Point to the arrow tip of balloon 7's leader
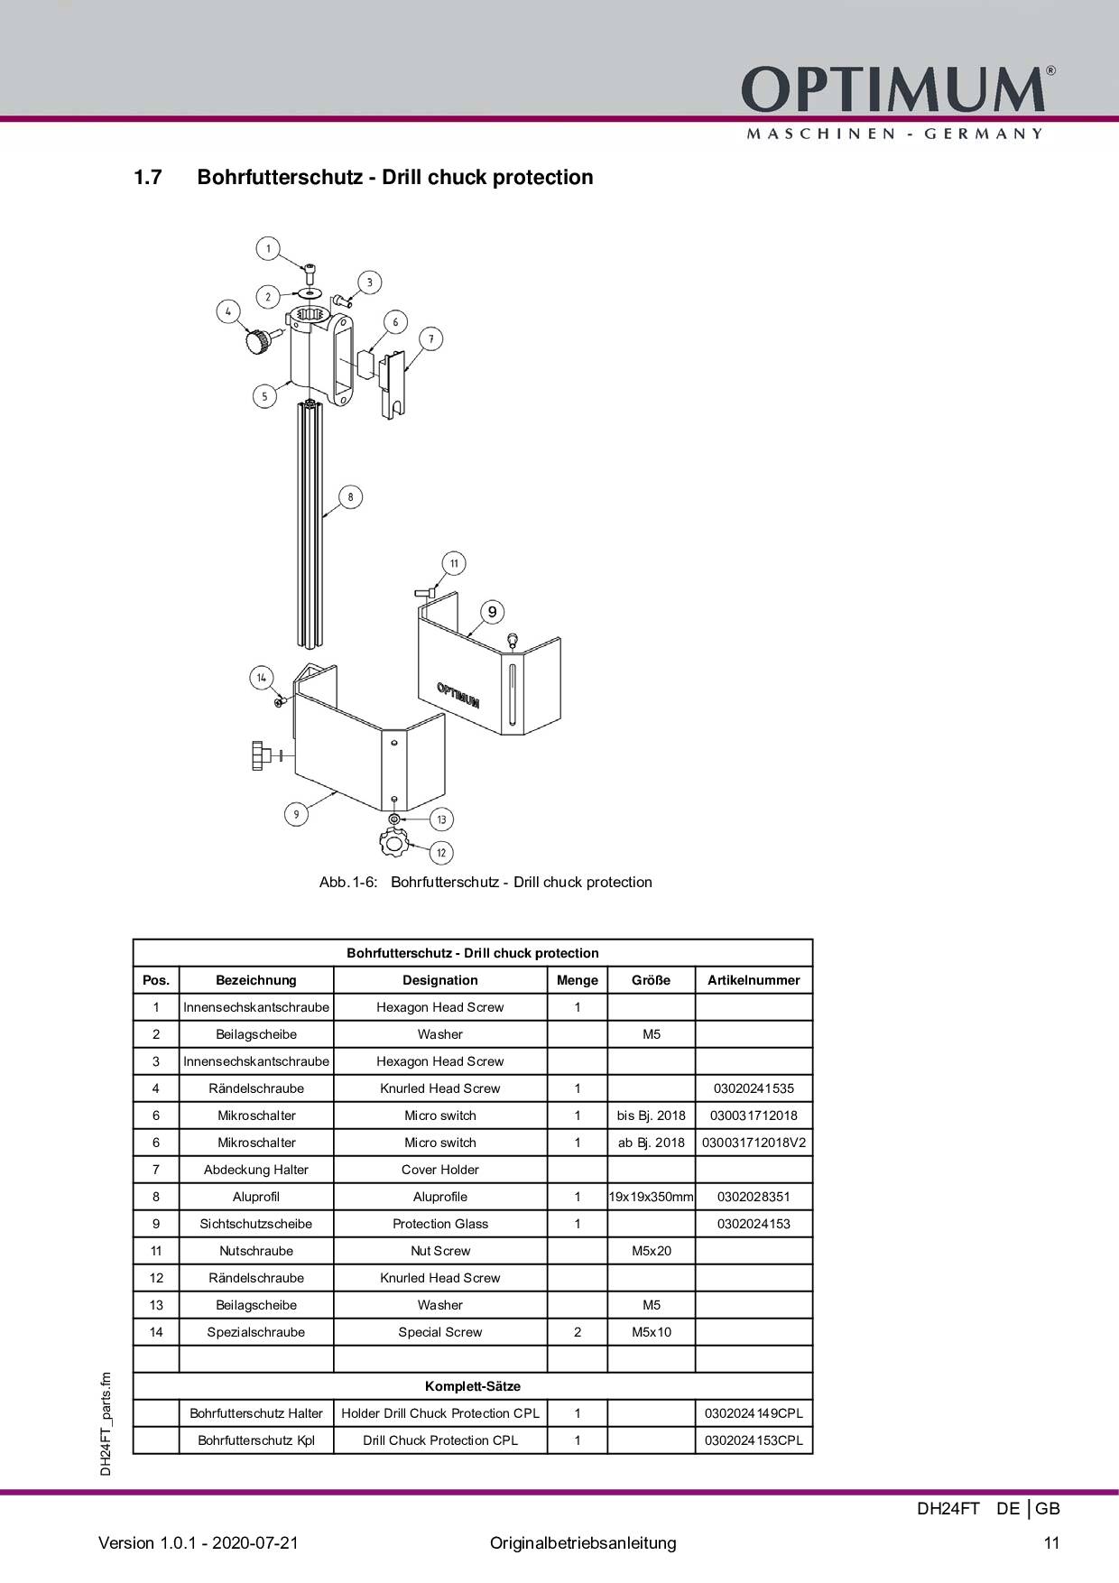tap(404, 371)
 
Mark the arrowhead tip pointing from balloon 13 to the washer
tap(399, 816)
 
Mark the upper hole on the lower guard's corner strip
tap(394, 744)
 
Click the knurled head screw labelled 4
tap(256, 342)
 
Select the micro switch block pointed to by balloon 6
tap(366, 364)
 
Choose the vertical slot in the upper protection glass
tap(511, 696)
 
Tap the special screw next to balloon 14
tap(281, 700)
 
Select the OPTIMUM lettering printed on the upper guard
tap(458, 695)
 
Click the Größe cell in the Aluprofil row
tap(651, 1197)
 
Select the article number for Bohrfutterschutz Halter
tap(754, 1413)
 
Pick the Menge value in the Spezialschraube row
tap(578, 1332)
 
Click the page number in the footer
tap(1051, 1542)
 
